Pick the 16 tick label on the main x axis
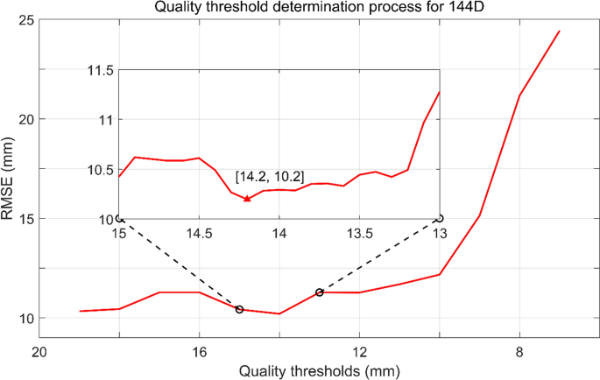tap(199, 352)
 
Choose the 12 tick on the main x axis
tap(359, 352)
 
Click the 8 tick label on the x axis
tap(519, 352)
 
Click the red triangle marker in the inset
tap(247, 199)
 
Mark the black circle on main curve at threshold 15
tap(239, 309)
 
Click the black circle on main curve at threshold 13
tap(320, 292)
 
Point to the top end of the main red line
tap(559, 32)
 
